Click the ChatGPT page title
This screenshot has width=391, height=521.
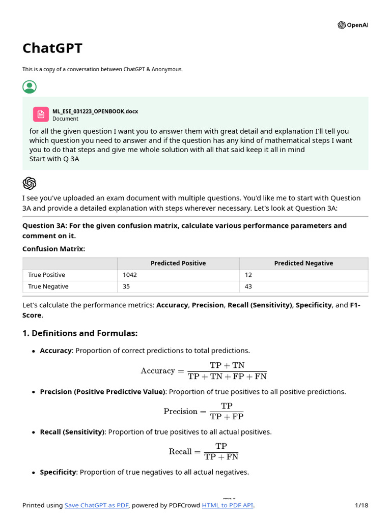[x=52, y=48]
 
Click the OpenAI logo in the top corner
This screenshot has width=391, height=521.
[x=353, y=25]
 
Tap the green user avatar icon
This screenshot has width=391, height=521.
[x=30, y=87]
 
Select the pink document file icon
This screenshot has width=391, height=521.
[x=41, y=114]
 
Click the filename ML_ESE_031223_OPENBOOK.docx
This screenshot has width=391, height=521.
[x=95, y=111]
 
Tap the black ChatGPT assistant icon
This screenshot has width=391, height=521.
[x=30, y=183]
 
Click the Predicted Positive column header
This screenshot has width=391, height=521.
[x=178, y=263]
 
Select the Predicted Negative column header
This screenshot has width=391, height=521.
[x=303, y=263]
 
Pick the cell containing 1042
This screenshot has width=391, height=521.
[x=130, y=275]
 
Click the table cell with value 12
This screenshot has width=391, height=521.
[x=248, y=275]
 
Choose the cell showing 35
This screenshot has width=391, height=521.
[x=127, y=286]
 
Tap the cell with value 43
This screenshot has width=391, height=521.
[x=248, y=286]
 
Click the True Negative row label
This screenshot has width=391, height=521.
[x=48, y=286]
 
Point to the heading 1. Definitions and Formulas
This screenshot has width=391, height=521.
[x=80, y=333]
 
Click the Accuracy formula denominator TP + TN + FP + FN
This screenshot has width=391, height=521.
[x=227, y=377]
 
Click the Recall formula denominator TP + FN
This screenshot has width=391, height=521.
[x=221, y=457]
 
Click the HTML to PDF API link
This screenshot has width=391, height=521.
[x=228, y=505]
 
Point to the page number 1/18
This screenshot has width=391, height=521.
[x=361, y=505]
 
